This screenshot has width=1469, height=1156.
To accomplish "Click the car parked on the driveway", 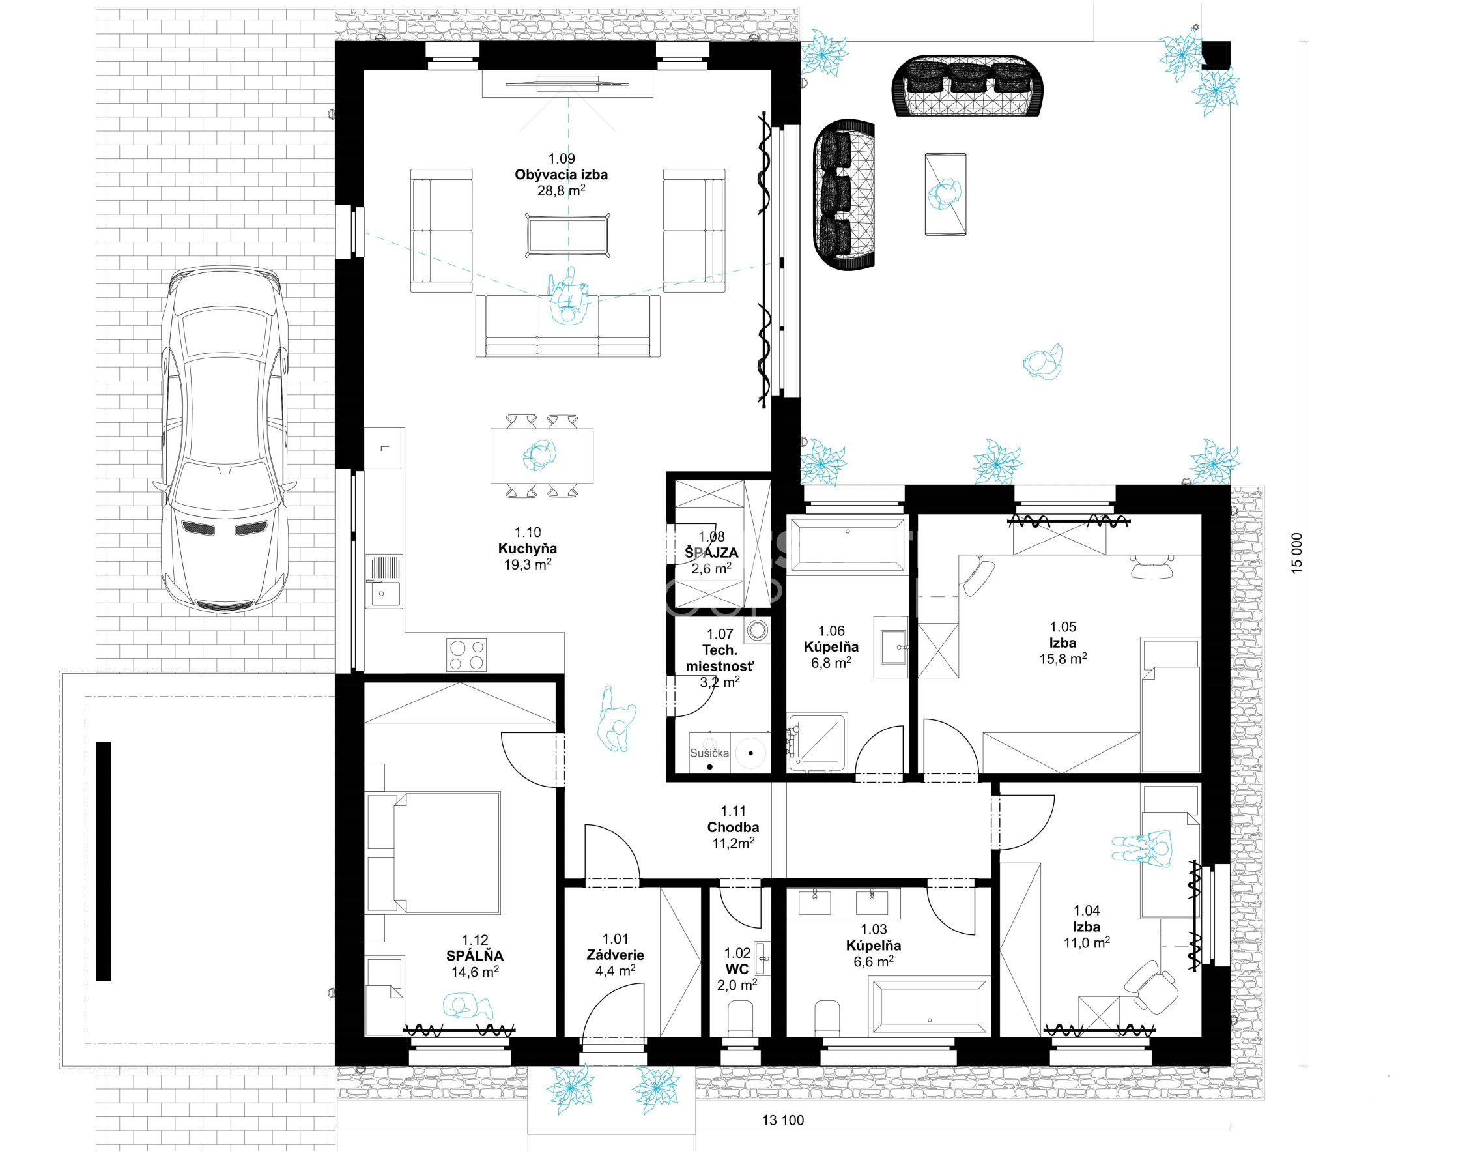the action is tap(225, 440).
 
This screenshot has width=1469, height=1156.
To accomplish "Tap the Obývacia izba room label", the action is tap(561, 175).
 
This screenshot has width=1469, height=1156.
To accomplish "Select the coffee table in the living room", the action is tap(569, 235).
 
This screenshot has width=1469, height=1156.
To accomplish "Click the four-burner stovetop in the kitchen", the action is tap(466, 654).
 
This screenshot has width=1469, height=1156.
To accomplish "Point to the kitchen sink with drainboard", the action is tap(384, 581).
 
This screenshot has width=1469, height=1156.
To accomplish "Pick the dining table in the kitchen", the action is tap(542, 455).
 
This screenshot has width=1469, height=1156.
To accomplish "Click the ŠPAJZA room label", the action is tap(711, 553).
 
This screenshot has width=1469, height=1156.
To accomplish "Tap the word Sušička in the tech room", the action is tap(709, 753).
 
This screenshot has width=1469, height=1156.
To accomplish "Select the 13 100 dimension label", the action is tap(783, 1120).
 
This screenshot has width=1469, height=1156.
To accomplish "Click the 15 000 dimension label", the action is tap(1296, 554).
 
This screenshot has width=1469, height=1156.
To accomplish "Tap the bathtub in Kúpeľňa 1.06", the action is tap(847, 545).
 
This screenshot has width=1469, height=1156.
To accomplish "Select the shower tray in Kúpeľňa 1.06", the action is tap(818, 742).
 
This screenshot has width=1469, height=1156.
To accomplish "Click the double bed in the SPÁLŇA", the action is tap(433, 853).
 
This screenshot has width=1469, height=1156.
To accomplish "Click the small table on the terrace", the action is tap(945, 194).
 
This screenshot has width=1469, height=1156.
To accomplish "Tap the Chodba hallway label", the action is tap(733, 827).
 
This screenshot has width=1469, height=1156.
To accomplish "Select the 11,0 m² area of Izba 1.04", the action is tap(1087, 943).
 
